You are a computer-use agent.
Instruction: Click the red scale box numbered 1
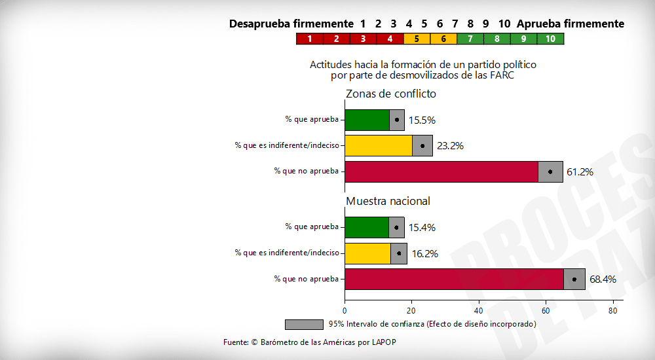[x=310, y=39]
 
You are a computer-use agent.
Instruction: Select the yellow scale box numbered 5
[x=417, y=39]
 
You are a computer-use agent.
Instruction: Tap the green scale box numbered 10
[x=550, y=39]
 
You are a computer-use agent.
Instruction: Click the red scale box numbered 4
[x=390, y=39]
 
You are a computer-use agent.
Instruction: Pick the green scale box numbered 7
[x=470, y=39]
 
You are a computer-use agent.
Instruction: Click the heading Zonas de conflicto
[x=391, y=94]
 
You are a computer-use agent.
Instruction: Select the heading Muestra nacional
[x=388, y=201]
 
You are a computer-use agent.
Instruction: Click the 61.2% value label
[x=580, y=172]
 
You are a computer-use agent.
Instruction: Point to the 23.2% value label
[x=450, y=146]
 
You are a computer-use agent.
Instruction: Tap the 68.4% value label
[x=603, y=279]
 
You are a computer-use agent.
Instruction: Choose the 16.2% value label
[x=424, y=253]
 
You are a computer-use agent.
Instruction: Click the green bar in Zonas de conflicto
[x=367, y=120]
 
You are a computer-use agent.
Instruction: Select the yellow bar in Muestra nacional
[x=367, y=253]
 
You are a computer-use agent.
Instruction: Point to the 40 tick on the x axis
[x=479, y=311]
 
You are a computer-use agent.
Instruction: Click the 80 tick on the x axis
[x=613, y=311]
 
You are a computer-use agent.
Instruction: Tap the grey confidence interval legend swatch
[x=304, y=324]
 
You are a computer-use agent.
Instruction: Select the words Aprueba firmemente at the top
[x=570, y=24]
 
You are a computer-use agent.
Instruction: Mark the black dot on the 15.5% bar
[x=397, y=120]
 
